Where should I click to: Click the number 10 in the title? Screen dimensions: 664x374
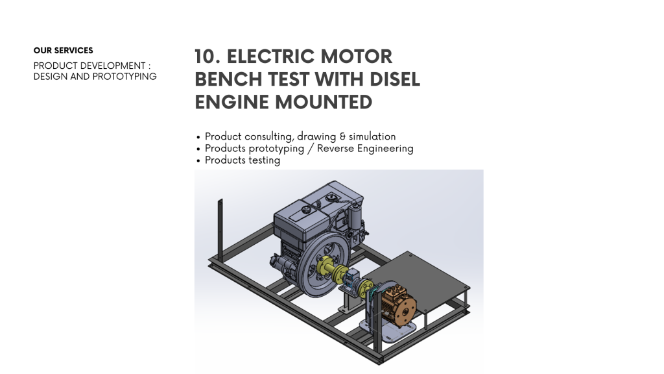[x=207, y=57]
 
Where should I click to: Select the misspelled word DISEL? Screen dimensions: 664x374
[x=395, y=79]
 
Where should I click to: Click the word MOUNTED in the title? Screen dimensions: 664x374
[x=324, y=102]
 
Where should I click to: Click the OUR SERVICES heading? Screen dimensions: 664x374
[x=63, y=51]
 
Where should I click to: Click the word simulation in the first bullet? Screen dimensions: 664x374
[x=372, y=136]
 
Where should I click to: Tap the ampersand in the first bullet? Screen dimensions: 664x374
[x=342, y=136]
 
